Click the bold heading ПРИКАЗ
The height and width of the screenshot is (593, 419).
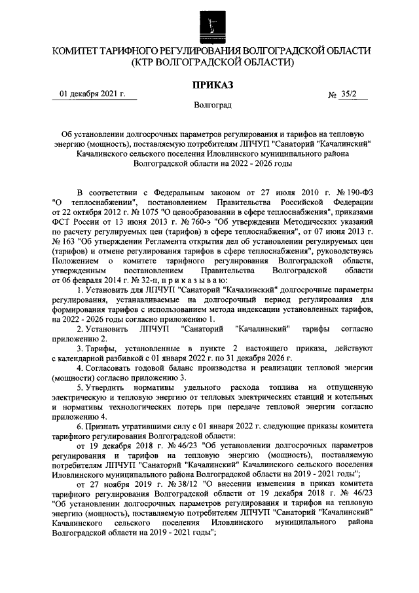tap(210, 85)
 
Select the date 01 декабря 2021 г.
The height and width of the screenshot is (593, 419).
tap(92, 94)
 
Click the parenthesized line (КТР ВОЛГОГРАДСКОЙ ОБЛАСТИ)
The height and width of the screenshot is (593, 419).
tap(209, 63)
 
